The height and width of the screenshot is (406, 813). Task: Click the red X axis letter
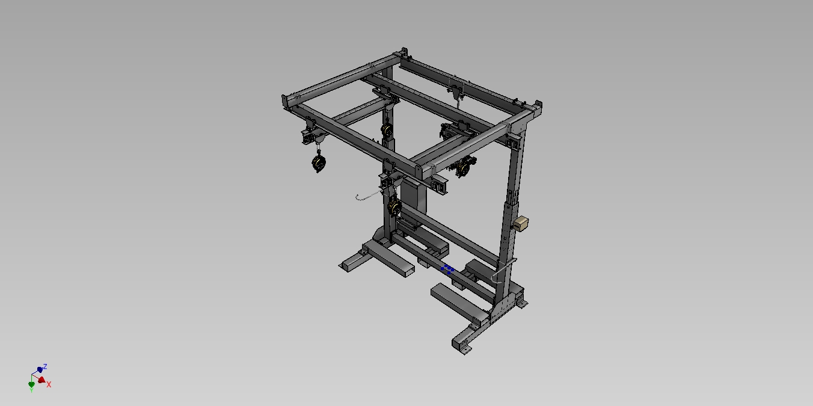pyautogui.click(x=49, y=384)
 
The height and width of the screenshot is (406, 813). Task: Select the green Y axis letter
pyautogui.click(x=31, y=390)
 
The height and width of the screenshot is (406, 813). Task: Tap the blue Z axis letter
pyautogui.click(x=45, y=366)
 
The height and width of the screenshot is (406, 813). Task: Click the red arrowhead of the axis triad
pyautogui.click(x=41, y=380)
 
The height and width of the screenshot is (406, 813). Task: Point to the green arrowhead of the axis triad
pyautogui.click(x=32, y=384)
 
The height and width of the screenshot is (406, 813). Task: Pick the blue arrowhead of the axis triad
pyautogui.click(x=40, y=370)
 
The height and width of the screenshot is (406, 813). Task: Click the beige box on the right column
pyautogui.click(x=521, y=223)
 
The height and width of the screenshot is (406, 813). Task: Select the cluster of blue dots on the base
pyautogui.click(x=447, y=269)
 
